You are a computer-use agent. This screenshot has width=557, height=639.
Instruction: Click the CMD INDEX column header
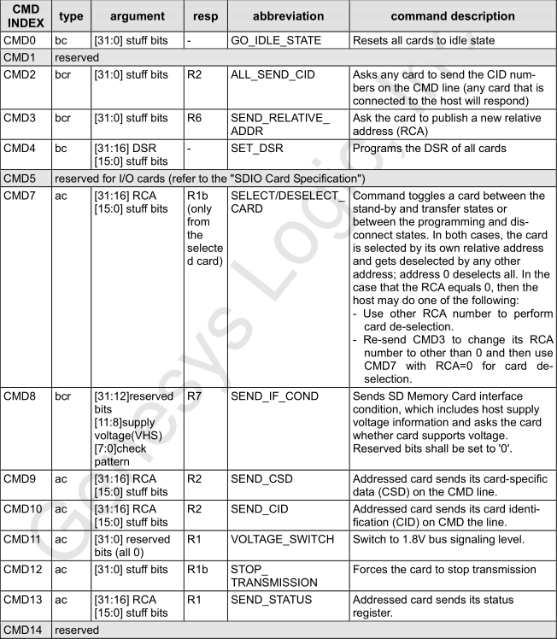tap(27, 16)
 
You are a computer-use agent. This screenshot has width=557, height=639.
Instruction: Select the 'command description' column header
tap(451, 16)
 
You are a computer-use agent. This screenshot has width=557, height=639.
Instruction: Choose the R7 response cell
tap(194, 398)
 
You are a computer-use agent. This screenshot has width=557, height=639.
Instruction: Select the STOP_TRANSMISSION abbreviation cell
tap(273, 576)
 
